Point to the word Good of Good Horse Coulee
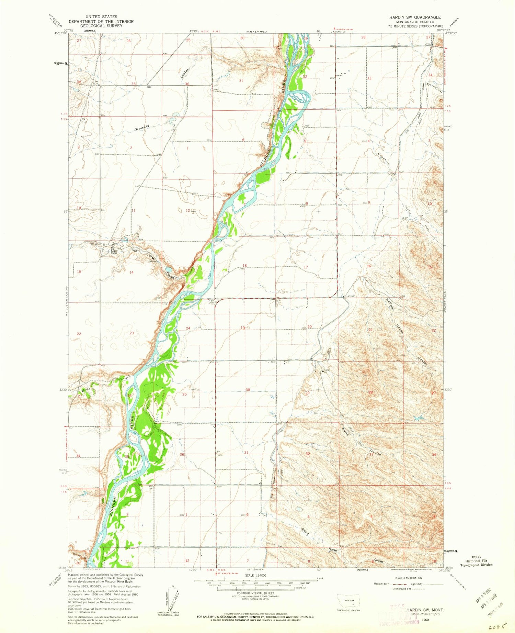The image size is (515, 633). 305,531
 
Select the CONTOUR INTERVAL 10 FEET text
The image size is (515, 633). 255,593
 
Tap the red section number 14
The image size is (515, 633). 131,272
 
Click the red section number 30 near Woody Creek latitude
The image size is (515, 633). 248,390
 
